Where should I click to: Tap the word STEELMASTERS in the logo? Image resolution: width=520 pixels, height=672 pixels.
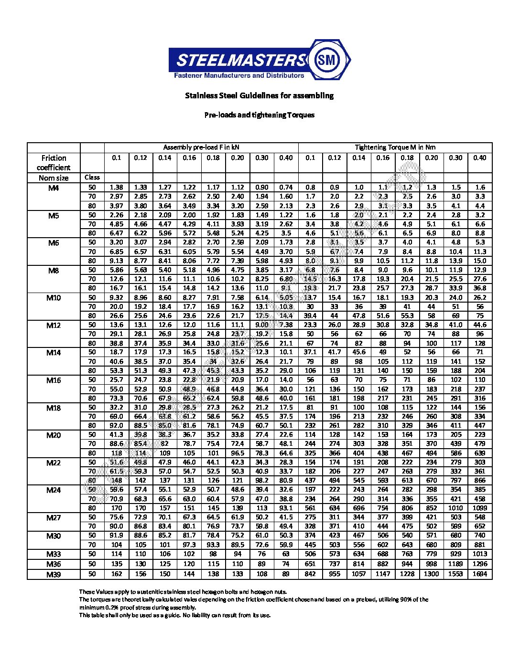(x=240, y=60)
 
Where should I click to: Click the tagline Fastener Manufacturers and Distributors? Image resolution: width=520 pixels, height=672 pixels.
(x=238, y=75)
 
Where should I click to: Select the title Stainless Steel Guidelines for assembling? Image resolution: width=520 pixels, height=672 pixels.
(x=260, y=95)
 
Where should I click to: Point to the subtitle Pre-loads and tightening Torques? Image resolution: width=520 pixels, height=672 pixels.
(x=260, y=115)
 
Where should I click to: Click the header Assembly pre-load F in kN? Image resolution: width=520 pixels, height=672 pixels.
(x=201, y=147)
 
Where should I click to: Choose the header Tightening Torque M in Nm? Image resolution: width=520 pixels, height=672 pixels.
(x=395, y=147)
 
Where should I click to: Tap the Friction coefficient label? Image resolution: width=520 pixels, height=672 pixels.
(x=54, y=163)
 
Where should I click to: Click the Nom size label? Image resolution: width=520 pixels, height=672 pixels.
(x=54, y=178)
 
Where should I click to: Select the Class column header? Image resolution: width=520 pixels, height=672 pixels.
(x=92, y=178)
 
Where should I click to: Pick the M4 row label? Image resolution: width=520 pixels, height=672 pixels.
(x=54, y=188)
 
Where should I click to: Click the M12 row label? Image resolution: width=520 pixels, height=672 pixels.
(x=54, y=325)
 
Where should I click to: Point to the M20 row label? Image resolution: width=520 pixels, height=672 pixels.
(x=54, y=435)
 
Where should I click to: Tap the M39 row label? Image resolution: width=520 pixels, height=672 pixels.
(x=54, y=574)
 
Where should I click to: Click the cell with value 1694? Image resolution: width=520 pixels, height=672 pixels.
(x=480, y=574)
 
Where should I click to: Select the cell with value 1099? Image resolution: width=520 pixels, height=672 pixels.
(x=480, y=508)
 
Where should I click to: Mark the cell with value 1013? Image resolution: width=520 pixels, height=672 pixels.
(x=480, y=554)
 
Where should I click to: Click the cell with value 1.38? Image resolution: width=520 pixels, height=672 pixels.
(x=117, y=188)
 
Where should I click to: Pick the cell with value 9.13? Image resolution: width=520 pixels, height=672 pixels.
(x=117, y=261)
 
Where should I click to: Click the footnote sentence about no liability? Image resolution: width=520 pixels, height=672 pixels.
(x=175, y=615)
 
